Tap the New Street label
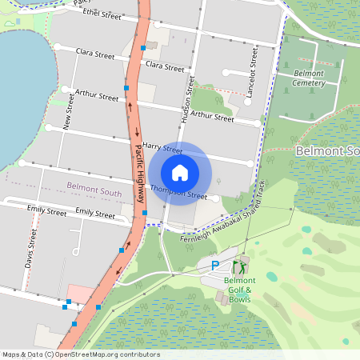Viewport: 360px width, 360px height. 70,111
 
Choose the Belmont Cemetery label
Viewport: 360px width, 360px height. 309,78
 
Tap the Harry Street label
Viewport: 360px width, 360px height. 162,147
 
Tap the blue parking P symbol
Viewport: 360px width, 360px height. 214,266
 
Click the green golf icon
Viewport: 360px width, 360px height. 238,266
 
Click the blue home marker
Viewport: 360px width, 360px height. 180,173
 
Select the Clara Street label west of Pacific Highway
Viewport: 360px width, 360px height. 95,54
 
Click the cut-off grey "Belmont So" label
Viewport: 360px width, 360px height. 327,151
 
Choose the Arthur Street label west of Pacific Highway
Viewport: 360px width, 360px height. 97,95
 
